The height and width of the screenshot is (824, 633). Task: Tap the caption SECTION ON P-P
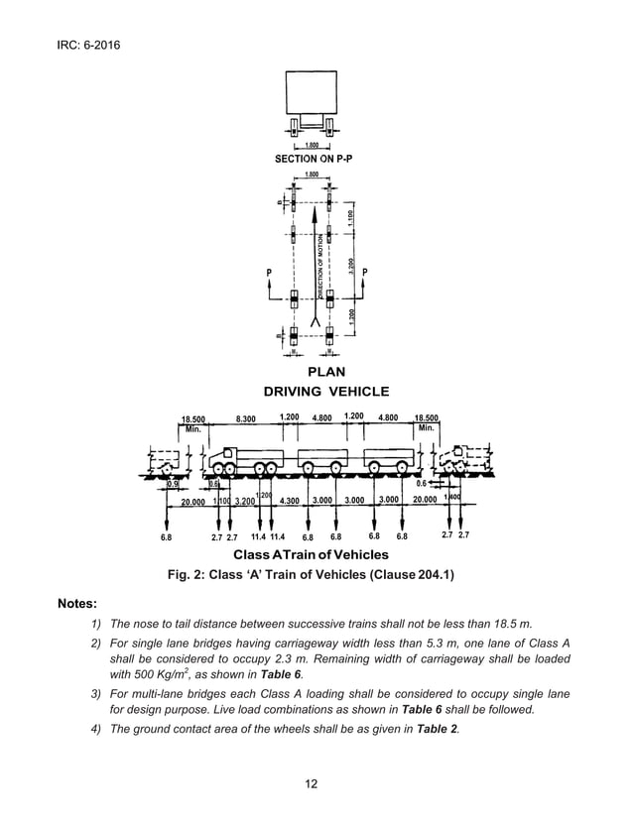pyautogui.click(x=311, y=159)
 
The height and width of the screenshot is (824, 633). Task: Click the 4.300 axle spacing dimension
pyautogui.click(x=290, y=501)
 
